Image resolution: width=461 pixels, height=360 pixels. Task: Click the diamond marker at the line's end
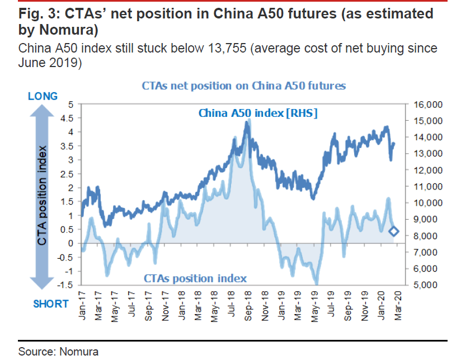pyautogui.click(x=394, y=231)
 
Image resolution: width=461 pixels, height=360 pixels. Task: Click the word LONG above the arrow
pyautogui.click(x=43, y=97)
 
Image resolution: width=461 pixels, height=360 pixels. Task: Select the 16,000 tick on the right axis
pyautogui.click(x=427, y=105)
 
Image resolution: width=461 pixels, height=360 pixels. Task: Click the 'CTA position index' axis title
pyautogui.click(x=42, y=196)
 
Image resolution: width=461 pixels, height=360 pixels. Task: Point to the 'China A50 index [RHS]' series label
pyautogui.click(x=258, y=113)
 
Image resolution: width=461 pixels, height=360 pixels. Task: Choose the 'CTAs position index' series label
pyautogui.click(x=195, y=278)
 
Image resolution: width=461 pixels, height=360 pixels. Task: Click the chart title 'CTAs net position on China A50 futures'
pyautogui.click(x=243, y=86)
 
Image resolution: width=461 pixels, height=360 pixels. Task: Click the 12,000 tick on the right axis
pyautogui.click(x=427, y=170)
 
